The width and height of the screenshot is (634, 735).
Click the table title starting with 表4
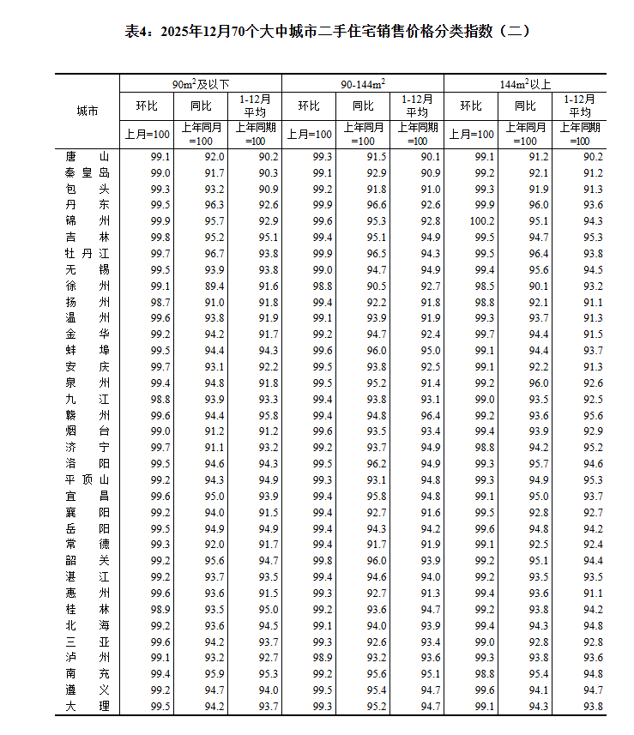pyautogui.click(x=317, y=32)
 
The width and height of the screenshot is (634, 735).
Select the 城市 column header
pyautogui.click(x=87, y=111)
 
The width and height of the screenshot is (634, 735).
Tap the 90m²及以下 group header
pyautogui.click(x=201, y=84)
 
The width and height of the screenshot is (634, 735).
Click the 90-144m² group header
pyautogui.click(x=362, y=84)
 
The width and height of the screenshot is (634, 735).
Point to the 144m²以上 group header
pyautogui.click(x=525, y=84)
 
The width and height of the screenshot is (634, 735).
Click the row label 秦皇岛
pyautogui.click(x=87, y=172)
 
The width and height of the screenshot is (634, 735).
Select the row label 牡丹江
pyautogui.click(x=87, y=253)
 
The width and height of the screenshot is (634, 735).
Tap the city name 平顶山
pyautogui.click(x=87, y=479)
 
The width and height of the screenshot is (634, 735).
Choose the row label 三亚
pyautogui.click(x=87, y=642)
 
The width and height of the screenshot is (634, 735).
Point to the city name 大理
pyautogui.click(x=87, y=706)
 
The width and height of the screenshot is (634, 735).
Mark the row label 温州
pyautogui.click(x=87, y=318)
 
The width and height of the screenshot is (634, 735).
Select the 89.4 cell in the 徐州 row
pyautogui.click(x=214, y=286)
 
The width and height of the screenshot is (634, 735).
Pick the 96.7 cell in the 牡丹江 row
pyautogui.click(x=214, y=253)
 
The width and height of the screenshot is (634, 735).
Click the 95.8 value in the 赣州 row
pyautogui.click(x=268, y=415)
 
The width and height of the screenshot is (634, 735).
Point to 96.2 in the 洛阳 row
pyautogui.click(x=376, y=464)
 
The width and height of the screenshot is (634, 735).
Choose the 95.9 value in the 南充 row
pyautogui.click(x=214, y=673)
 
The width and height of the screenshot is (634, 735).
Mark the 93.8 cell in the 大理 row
pyautogui.click(x=592, y=706)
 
